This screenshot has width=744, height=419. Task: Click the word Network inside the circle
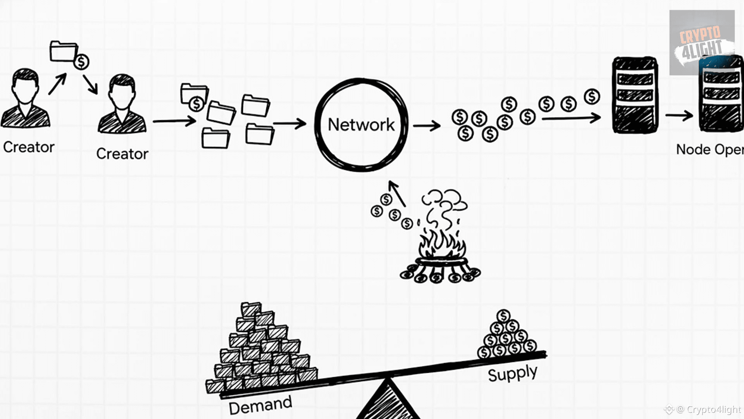pos(361,125)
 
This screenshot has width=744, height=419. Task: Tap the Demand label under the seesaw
pos(260,405)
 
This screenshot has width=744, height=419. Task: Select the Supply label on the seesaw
pos(512,374)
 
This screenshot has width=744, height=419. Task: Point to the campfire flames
pos(442,244)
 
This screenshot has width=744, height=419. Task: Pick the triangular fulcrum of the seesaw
pos(387,403)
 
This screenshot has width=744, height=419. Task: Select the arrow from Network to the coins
pos(427,125)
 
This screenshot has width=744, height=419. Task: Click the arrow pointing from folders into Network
pos(290,124)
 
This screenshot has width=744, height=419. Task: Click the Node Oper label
pos(709,150)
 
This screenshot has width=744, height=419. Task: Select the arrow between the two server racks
pos(679,115)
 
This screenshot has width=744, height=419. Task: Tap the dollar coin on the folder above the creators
pos(81,62)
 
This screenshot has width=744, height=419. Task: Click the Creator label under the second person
pos(122,154)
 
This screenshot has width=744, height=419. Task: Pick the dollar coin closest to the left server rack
pos(592,97)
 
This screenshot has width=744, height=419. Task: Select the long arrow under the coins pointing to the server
pos(571,118)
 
